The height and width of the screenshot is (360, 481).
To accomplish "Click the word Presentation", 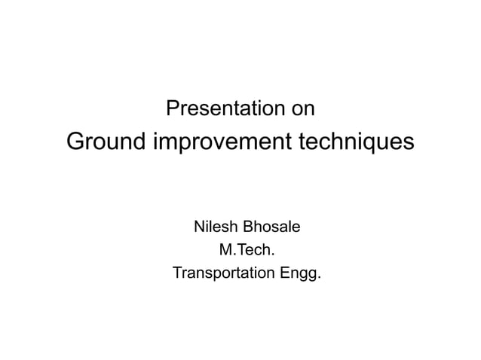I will (x=222, y=109).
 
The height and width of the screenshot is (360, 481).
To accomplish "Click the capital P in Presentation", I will (x=171, y=109).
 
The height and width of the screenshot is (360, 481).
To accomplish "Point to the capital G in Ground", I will (x=76, y=141).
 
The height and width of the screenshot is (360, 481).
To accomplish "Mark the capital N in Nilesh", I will (x=200, y=226).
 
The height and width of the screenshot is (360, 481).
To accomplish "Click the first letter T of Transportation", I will (x=178, y=272).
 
